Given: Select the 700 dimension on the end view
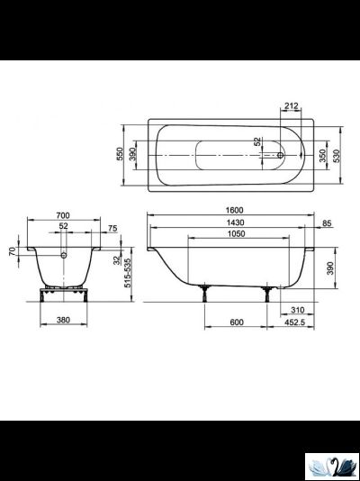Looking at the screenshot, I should point(63,217).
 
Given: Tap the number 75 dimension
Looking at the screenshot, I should point(112,229).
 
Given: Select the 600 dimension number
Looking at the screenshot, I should point(236,322).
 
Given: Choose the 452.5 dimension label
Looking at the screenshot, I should point(292,322).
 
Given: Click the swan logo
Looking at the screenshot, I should point(331,465).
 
